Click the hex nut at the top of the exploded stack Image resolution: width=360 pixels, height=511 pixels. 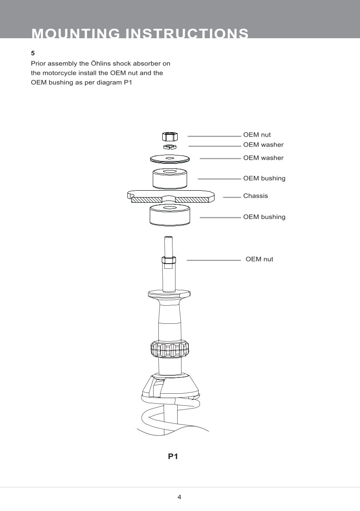click(170, 137)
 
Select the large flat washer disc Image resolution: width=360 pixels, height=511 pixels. click(170, 158)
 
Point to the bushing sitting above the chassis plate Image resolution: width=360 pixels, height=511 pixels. click(170, 178)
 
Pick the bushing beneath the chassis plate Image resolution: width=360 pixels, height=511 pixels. click(170, 215)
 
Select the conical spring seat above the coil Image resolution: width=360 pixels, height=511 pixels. click(170, 384)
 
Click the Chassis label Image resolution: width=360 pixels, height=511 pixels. click(255, 196)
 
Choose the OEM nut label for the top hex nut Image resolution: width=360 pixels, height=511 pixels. click(257, 135)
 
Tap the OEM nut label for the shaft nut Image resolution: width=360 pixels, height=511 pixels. click(259, 259)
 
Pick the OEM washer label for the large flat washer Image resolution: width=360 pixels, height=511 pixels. click(263, 158)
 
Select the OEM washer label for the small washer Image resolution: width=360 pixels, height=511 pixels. click(263, 145)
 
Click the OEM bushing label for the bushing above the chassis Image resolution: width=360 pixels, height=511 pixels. click(264, 178)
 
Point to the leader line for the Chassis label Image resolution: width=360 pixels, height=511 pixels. click(232, 197)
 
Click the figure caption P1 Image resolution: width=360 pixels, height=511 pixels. click(173, 456)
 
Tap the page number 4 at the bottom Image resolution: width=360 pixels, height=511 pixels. click(179, 497)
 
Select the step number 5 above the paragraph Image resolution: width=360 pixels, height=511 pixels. click(33, 53)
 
